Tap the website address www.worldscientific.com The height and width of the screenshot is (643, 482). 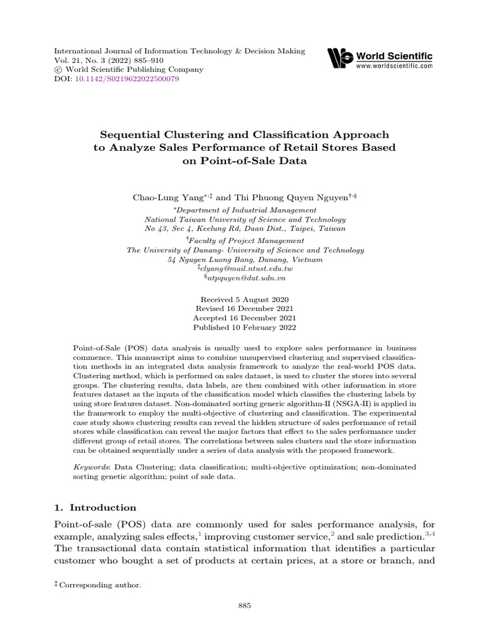pos(394,65)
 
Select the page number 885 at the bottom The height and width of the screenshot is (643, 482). pos(245,605)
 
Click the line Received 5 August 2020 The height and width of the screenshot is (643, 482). pos(244,300)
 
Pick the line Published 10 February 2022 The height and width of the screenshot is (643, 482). pos(244,327)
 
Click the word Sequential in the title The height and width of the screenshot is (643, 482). pos(129,135)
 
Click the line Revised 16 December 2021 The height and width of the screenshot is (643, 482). pos(244,309)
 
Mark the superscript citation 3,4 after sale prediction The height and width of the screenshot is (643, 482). pos(431,533)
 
